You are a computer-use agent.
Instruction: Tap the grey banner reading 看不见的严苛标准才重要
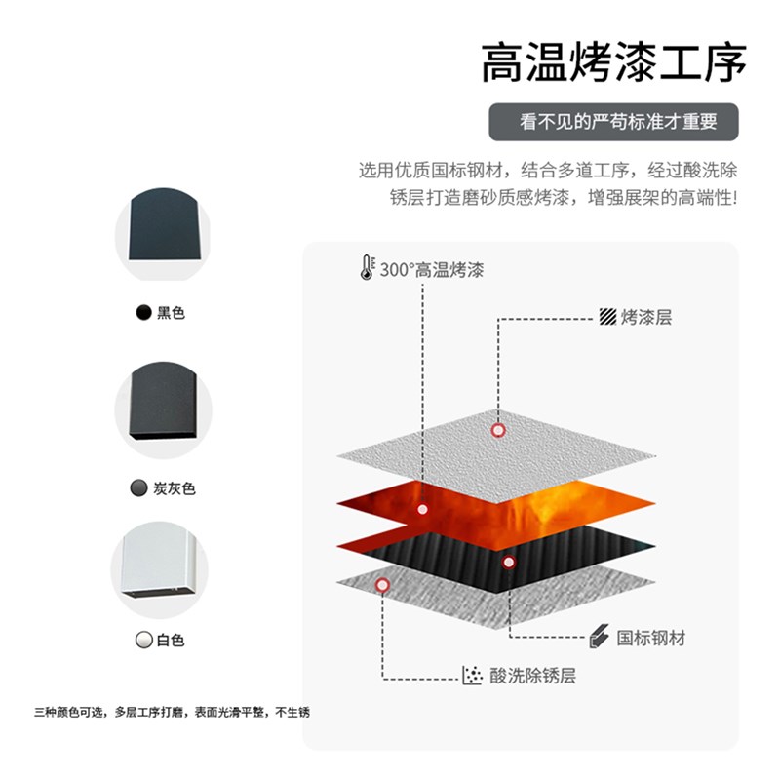point(613,122)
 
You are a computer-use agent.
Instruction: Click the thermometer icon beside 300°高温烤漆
point(367,267)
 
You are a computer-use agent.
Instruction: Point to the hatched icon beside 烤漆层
point(607,317)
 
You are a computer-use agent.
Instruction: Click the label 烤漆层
point(646,317)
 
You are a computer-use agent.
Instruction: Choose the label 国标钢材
point(651,638)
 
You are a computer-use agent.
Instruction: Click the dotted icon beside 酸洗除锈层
point(473,675)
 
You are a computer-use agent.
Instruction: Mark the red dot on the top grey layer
point(498,429)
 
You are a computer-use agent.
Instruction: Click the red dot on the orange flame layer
point(422,509)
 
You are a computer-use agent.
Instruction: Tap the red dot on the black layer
point(507,562)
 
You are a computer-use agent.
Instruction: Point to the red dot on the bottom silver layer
point(382,584)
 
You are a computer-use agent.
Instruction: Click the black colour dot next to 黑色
point(144,313)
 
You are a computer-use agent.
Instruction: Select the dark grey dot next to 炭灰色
point(137,488)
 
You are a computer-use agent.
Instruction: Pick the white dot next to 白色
point(143,641)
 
